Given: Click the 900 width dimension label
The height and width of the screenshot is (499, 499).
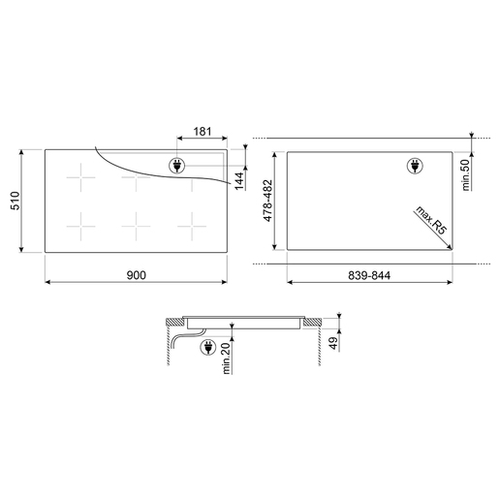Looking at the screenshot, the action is pyautogui.click(x=136, y=275).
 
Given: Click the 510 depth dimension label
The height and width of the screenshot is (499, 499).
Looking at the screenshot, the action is pyautogui.click(x=16, y=201).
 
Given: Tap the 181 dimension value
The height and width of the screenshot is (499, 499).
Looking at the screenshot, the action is pyautogui.click(x=203, y=132).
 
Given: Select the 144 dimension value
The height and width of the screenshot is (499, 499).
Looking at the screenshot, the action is pyautogui.click(x=239, y=181).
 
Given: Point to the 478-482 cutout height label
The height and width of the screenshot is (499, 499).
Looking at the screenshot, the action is pyautogui.click(x=268, y=201).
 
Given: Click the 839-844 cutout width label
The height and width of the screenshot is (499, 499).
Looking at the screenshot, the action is pyautogui.click(x=369, y=275).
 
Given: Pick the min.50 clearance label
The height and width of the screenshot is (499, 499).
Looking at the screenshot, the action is pyautogui.click(x=466, y=175).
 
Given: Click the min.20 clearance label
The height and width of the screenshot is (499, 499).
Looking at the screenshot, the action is pyautogui.click(x=227, y=359).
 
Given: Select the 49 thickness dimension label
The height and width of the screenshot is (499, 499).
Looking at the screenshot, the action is pyautogui.click(x=333, y=343).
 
